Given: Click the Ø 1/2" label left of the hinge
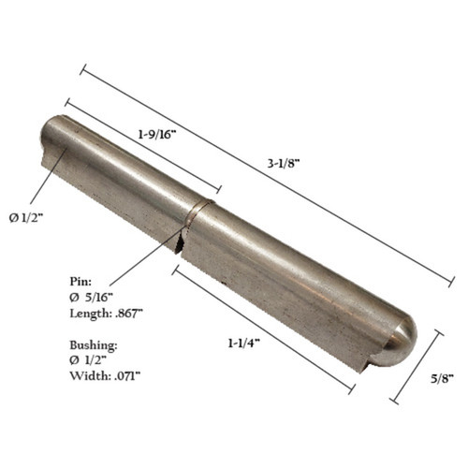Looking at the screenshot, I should click(x=27, y=217).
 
